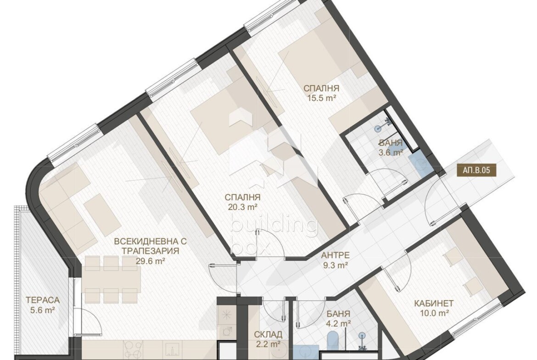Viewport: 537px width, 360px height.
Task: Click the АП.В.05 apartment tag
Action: coord(476,170)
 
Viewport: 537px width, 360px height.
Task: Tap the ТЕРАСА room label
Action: coord(43,300)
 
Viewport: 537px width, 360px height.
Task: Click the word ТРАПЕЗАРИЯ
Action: coord(151,251)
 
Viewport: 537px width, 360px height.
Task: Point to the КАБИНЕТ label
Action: coord(434,303)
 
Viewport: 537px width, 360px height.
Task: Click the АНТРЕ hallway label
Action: coord(336,255)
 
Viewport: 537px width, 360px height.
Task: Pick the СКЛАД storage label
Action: coord(268,334)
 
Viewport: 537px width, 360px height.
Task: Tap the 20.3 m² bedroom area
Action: coord(242,207)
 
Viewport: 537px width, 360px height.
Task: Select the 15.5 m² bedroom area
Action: coord(321,98)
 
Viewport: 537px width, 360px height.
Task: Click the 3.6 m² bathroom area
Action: coord(391,153)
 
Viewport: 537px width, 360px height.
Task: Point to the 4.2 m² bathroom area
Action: coord(338,323)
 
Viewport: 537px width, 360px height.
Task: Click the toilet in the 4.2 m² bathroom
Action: coord(333,341)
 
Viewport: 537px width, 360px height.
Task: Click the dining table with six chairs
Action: coord(111,279)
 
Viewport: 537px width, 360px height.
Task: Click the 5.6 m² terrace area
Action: coord(43,310)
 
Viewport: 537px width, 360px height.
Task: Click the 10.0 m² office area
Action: coord(434,313)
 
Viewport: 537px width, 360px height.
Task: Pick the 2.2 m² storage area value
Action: coord(268,343)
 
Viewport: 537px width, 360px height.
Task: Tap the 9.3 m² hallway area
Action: coord(336,265)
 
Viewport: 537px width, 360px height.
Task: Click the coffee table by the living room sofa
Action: coord(102,212)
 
